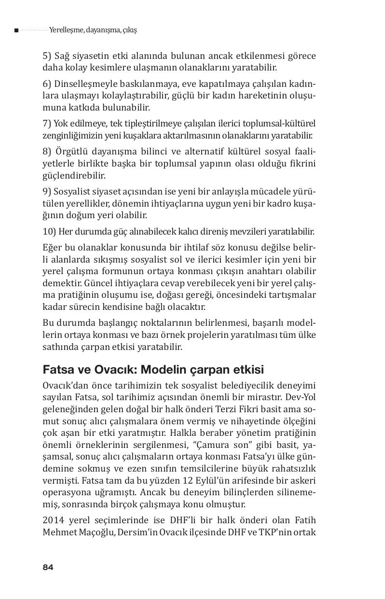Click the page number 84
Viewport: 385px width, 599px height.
pyautogui.click(x=48, y=567)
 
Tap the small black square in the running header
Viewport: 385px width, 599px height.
pyautogui.click(x=16, y=30)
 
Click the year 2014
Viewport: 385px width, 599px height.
pyautogui.click(x=53, y=520)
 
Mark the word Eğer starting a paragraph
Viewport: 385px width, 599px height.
pyautogui.click(x=52, y=247)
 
